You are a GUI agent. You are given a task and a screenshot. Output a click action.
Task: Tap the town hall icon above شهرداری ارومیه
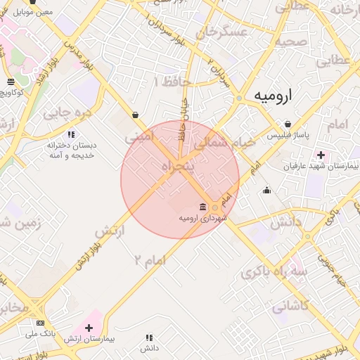click(x=202, y=207)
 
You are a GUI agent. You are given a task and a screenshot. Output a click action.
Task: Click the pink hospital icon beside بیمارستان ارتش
click(x=89, y=327)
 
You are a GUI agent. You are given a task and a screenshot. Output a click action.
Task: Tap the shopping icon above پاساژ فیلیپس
click(x=288, y=124)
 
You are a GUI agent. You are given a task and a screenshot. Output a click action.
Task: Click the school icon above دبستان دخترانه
click(x=70, y=134)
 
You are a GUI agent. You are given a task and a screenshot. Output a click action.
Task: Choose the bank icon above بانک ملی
click(x=40, y=323)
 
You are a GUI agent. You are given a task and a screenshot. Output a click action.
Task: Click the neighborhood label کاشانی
click(x=290, y=307)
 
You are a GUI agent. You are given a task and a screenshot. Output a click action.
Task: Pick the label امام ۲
click(x=149, y=259)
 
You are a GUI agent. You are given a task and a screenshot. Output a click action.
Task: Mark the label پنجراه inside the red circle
click(x=178, y=167)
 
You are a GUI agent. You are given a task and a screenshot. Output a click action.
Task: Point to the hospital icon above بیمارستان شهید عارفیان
click(x=321, y=155)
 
